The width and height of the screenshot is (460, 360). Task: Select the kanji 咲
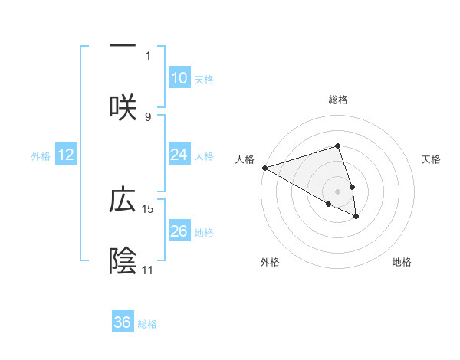click(x=123, y=106)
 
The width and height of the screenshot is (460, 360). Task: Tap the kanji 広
click(x=123, y=200)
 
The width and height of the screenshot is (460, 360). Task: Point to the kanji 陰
click(x=123, y=260)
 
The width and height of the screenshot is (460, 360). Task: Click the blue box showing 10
click(x=179, y=78)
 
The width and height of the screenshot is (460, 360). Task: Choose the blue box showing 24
click(x=179, y=155)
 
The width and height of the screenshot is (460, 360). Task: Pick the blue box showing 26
click(x=179, y=231)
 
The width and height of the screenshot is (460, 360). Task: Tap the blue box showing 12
click(x=66, y=155)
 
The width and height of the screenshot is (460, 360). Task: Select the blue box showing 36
click(x=123, y=322)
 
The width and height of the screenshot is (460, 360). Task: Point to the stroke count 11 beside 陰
click(x=148, y=270)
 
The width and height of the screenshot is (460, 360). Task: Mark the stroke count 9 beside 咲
click(x=148, y=116)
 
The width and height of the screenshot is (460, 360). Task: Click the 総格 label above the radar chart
click(x=338, y=100)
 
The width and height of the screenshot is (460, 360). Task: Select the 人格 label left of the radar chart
click(x=245, y=159)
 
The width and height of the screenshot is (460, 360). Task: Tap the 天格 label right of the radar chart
click(x=432, y=159)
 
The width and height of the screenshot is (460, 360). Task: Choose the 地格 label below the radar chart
click(x=402, y=262)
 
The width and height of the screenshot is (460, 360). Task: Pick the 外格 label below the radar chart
click(x=270, y=262)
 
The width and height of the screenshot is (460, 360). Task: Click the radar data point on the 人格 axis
click(x=264, y=168)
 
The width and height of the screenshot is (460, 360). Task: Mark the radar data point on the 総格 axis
click(x=337, y=146)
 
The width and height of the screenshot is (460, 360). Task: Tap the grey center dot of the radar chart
click(x=337, y=191)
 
